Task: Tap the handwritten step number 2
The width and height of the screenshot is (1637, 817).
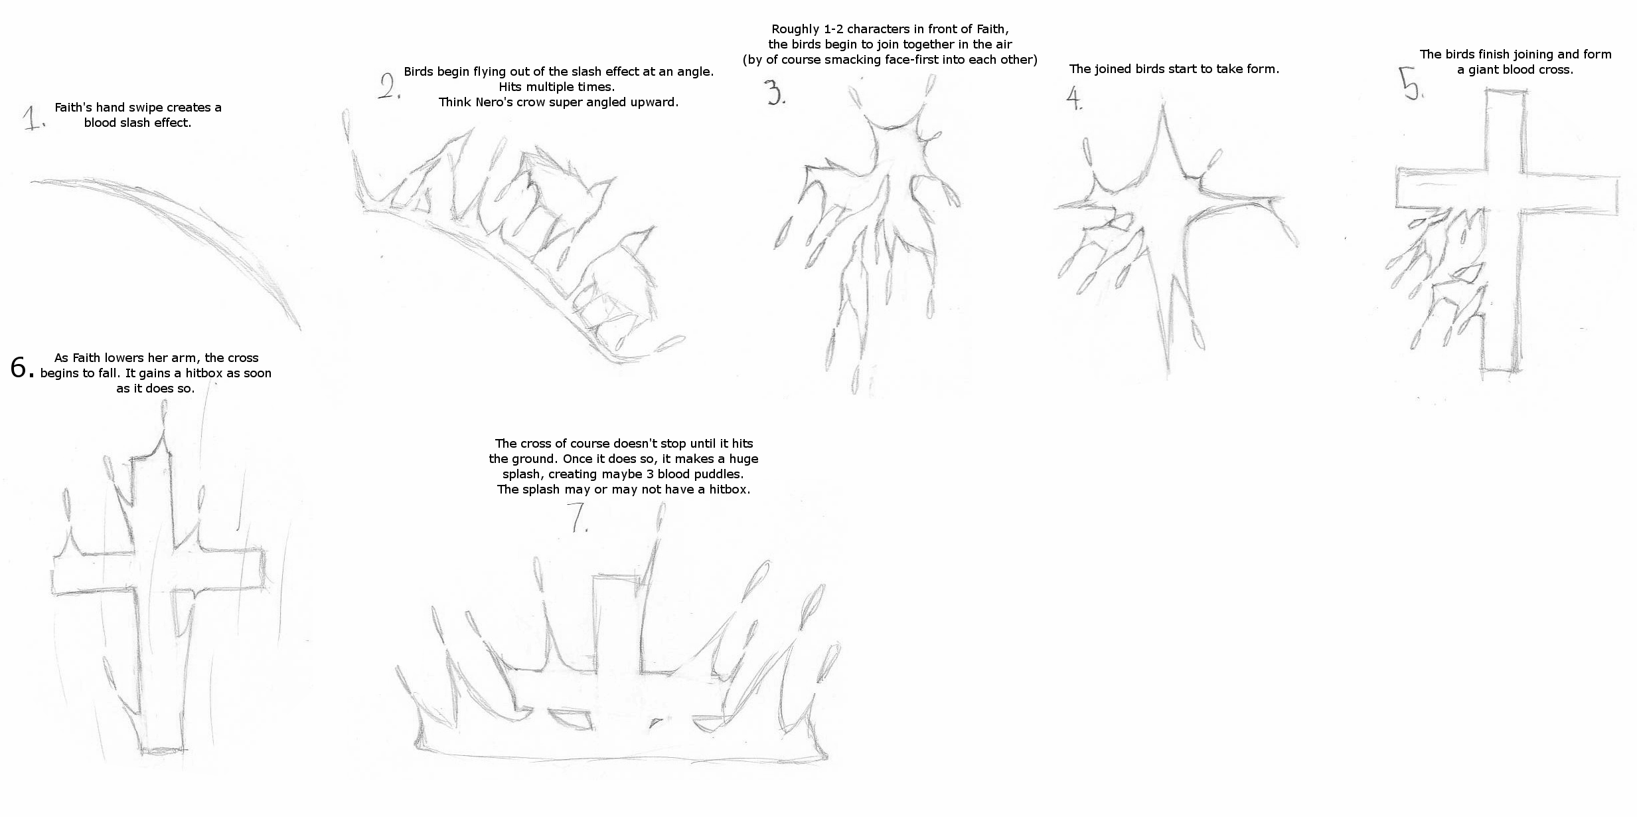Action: (x=390, y=86)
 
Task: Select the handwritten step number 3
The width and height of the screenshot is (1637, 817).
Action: (x=775, y=93)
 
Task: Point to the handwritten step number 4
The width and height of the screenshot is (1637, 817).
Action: (x=1073, y=98)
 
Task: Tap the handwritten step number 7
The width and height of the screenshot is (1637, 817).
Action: (x=580, y=519)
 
